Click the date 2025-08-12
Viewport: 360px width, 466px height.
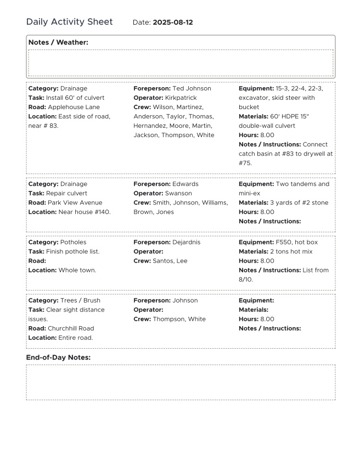click(x=172, y=22)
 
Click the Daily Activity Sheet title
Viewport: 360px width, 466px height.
click(x=69, y=22)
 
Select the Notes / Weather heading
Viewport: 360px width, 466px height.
click(x=58, y=42)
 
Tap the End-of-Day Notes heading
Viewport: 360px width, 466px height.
click(x=58, y=357)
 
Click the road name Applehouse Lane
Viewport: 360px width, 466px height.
click(x=74, y=107)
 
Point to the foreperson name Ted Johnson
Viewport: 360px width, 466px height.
click(x=192, y=88)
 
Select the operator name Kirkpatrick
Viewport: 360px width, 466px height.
click(x=181, y=98)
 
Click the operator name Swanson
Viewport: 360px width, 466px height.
click(x=178, y=193)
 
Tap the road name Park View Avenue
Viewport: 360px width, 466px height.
click(x=75, y=202)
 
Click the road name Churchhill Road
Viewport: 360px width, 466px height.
click(x=71, y=328)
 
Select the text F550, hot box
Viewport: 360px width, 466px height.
click(x=296, y=242)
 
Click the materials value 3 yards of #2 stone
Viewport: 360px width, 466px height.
click(x=299, y=202)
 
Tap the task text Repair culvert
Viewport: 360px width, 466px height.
click(x=66, y=193)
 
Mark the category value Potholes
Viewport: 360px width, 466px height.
click(x=73, y=242)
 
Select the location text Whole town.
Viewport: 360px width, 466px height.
click(x=77, y=270)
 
